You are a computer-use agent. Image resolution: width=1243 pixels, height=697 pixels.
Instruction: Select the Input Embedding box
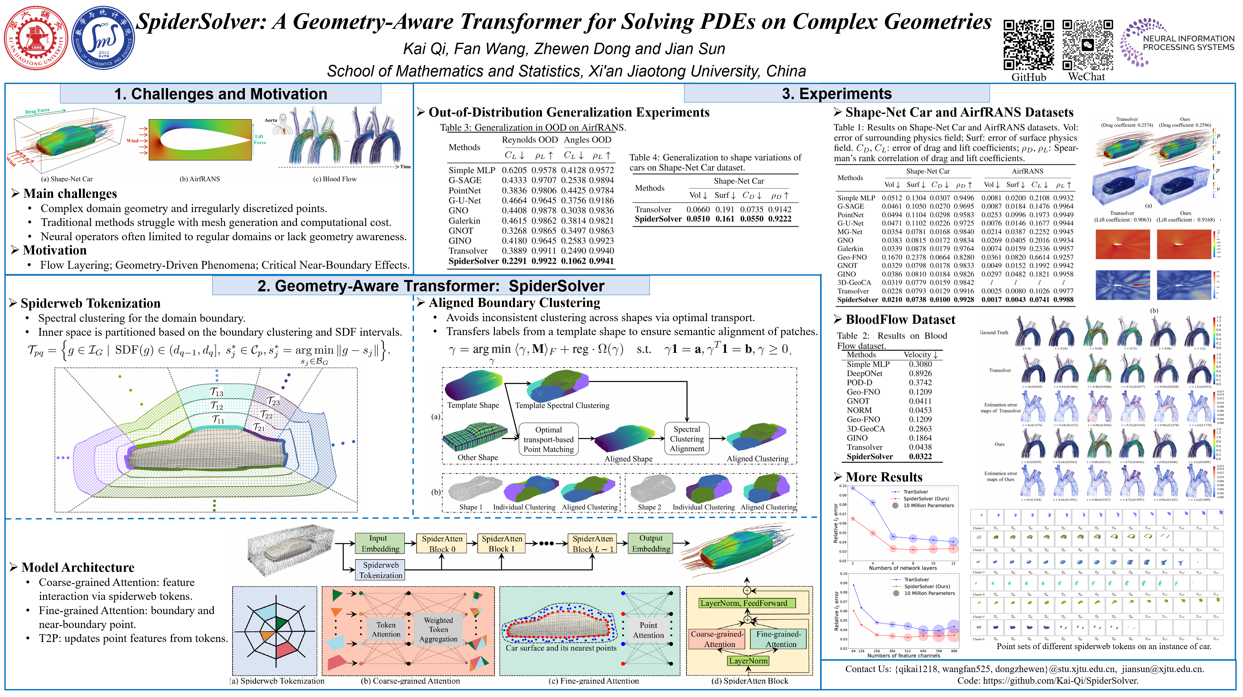(x=380, y=543)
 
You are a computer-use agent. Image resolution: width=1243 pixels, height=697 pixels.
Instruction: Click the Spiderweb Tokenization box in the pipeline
(x=380, y=570)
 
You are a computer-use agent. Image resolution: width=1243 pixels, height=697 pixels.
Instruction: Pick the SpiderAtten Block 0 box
(x=442, y=543)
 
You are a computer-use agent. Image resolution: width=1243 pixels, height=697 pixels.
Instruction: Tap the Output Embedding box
(x=651, y=543)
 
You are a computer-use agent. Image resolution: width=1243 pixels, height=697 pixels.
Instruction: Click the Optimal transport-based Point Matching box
(x=548, y=439)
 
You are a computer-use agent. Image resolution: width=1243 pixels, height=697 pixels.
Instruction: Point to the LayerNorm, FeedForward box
(x=747, y=603)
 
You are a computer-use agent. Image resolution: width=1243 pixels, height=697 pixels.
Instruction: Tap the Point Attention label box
(x=648, y=630)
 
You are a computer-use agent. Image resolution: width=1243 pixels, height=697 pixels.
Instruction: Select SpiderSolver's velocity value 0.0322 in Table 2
(x=920, y=456)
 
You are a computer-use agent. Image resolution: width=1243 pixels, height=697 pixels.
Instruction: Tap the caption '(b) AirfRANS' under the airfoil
(x=200, y=179)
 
